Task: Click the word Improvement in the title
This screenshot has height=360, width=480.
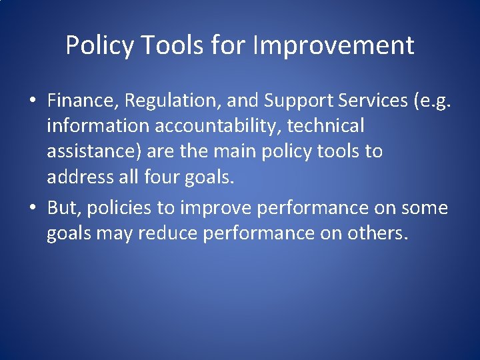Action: coord(334,46)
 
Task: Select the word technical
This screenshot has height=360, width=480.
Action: coord(325,125)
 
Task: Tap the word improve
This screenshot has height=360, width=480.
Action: coord(216,208)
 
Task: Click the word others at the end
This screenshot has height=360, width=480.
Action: coord(375,233)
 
